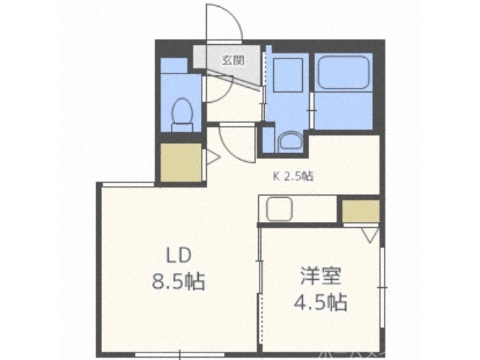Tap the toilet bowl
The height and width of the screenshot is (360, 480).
tap(182, 113)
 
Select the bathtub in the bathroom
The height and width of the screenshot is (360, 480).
tap(343, 74)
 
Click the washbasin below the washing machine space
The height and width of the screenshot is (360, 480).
tap(288, 141)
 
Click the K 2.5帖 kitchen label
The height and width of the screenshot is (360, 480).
tap(292, 177)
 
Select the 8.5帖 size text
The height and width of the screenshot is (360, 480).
tap(177, 283)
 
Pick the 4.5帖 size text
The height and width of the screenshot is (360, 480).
tap(319, 303)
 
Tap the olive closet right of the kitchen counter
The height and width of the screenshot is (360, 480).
tap(360, 211)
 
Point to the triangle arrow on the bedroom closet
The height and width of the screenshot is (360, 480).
tap(369, 235)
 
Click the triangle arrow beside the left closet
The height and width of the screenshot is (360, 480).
tap(211, 158)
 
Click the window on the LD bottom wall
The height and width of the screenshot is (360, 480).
tap(176, 352)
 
